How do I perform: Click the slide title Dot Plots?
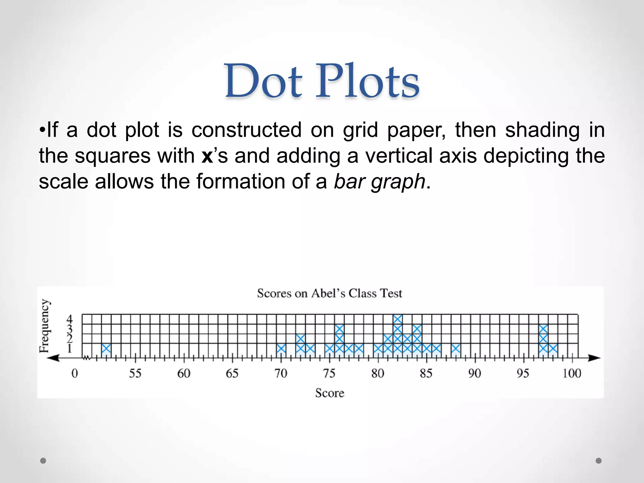point(322,81)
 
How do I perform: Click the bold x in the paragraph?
point(207,156)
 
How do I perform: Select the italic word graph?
point(398,182)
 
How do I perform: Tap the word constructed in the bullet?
point(246,130)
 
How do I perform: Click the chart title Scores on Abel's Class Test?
point(329,293)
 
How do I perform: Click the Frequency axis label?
point(45,326)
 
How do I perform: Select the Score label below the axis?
point(330,393)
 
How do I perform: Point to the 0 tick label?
point(75,374)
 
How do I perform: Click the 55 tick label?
point(135,374)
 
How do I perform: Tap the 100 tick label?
point(571,374)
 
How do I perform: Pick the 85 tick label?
point(426,374)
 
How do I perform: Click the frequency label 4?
point(69,319)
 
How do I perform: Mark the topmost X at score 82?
point(397,319)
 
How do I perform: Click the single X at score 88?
point(456,348)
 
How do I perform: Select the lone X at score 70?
point(281,348)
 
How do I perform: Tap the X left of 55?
point(106,348)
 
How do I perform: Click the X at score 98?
point(553,348)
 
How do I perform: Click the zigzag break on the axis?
point(86,358)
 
